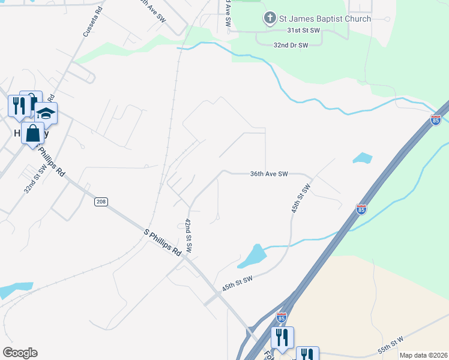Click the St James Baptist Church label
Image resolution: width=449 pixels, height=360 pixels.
click(x=325, y=19)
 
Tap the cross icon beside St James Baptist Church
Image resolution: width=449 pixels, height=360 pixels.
click(x=270, y=19)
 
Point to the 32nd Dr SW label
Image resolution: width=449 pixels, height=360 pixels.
click(x=291, y=45)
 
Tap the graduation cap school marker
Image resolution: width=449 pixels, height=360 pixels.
click(x=46, y=112)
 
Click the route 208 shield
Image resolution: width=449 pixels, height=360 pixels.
click(x=101, y=202)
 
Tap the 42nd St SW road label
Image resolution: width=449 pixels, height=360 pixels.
click(x=188, y=236)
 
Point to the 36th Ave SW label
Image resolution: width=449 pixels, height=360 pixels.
click(x=269, y=174)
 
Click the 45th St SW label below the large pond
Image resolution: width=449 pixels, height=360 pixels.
click(x=237, y=284)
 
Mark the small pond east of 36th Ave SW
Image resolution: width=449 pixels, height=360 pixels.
click(x=363, y=158)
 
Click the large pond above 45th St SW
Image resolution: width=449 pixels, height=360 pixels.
click(x=252, y=257)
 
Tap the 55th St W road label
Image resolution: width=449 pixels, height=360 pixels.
click(x=391, y=343)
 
